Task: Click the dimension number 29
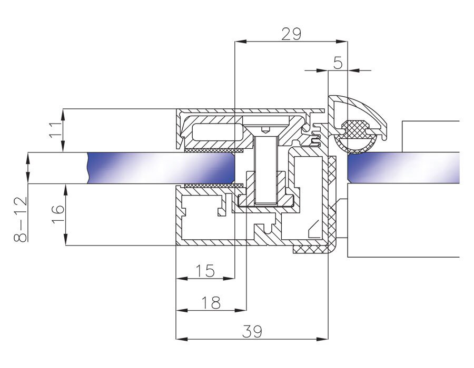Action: pyautogui.click(x=291, y=34)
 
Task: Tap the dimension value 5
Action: pyautogui.click(x=338, y=63)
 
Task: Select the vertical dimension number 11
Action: pyautogui.click(x=55, y=130)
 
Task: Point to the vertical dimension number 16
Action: pyautogui.click(x=58, y=214)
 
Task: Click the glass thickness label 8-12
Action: pyautogui.click(x=21, y=219)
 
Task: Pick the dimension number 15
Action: pyautogui.click(x=205, y=271)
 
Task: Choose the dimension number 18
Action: pyautogui.click(x=211, y=302)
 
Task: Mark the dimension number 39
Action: pyautogui.click(x=252, y=332)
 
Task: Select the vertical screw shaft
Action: pyautogui.click(x=266, y=170)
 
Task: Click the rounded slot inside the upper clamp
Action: pyautogui.click(x=218, y=131)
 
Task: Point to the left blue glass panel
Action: pyautogui.click(x=161, y=168)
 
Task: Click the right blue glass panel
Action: pyautogui.click(x=403, y=168)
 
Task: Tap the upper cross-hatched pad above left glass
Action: pyautogui.click(x=213, y=150)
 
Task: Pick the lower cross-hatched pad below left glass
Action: pyautogui.click(x=213, y=185)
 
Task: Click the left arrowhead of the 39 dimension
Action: pyautogui.click(x=182, y=339)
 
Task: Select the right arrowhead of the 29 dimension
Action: pyautogui.click(x=342, y=42)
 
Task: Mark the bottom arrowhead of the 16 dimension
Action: pyautogui.click(x=65, y=240)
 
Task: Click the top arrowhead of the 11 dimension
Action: pyautogui.click(x=63, y=115)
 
